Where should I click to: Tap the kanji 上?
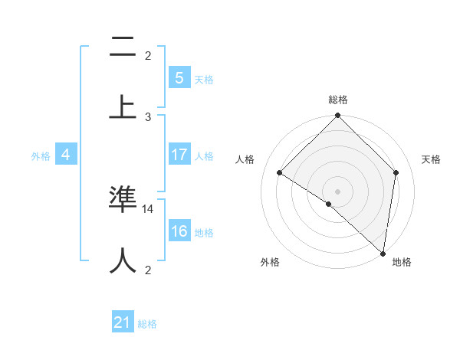click(123, 107)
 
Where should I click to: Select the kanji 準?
click(123, 199)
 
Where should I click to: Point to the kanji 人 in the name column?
click(123, 260)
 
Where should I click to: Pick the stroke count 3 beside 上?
click(148, 116)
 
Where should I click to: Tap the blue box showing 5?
click(179, 77)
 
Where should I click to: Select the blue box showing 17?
click(179, 155)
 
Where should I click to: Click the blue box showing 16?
click(179, 231)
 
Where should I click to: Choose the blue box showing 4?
click(66, 155)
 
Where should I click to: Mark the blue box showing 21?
click(123, 323)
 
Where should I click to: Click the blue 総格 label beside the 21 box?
click(148, 324)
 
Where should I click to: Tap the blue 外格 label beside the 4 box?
click(41, 155)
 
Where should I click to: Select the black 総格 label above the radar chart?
click(337, 100)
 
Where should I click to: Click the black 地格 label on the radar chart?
click(402, 262)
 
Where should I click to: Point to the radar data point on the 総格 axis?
click(337, 116)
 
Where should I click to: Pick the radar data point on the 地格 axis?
click(383, 253)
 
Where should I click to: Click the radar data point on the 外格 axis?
click(329, 204)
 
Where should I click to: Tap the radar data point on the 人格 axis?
click(280, 173)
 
